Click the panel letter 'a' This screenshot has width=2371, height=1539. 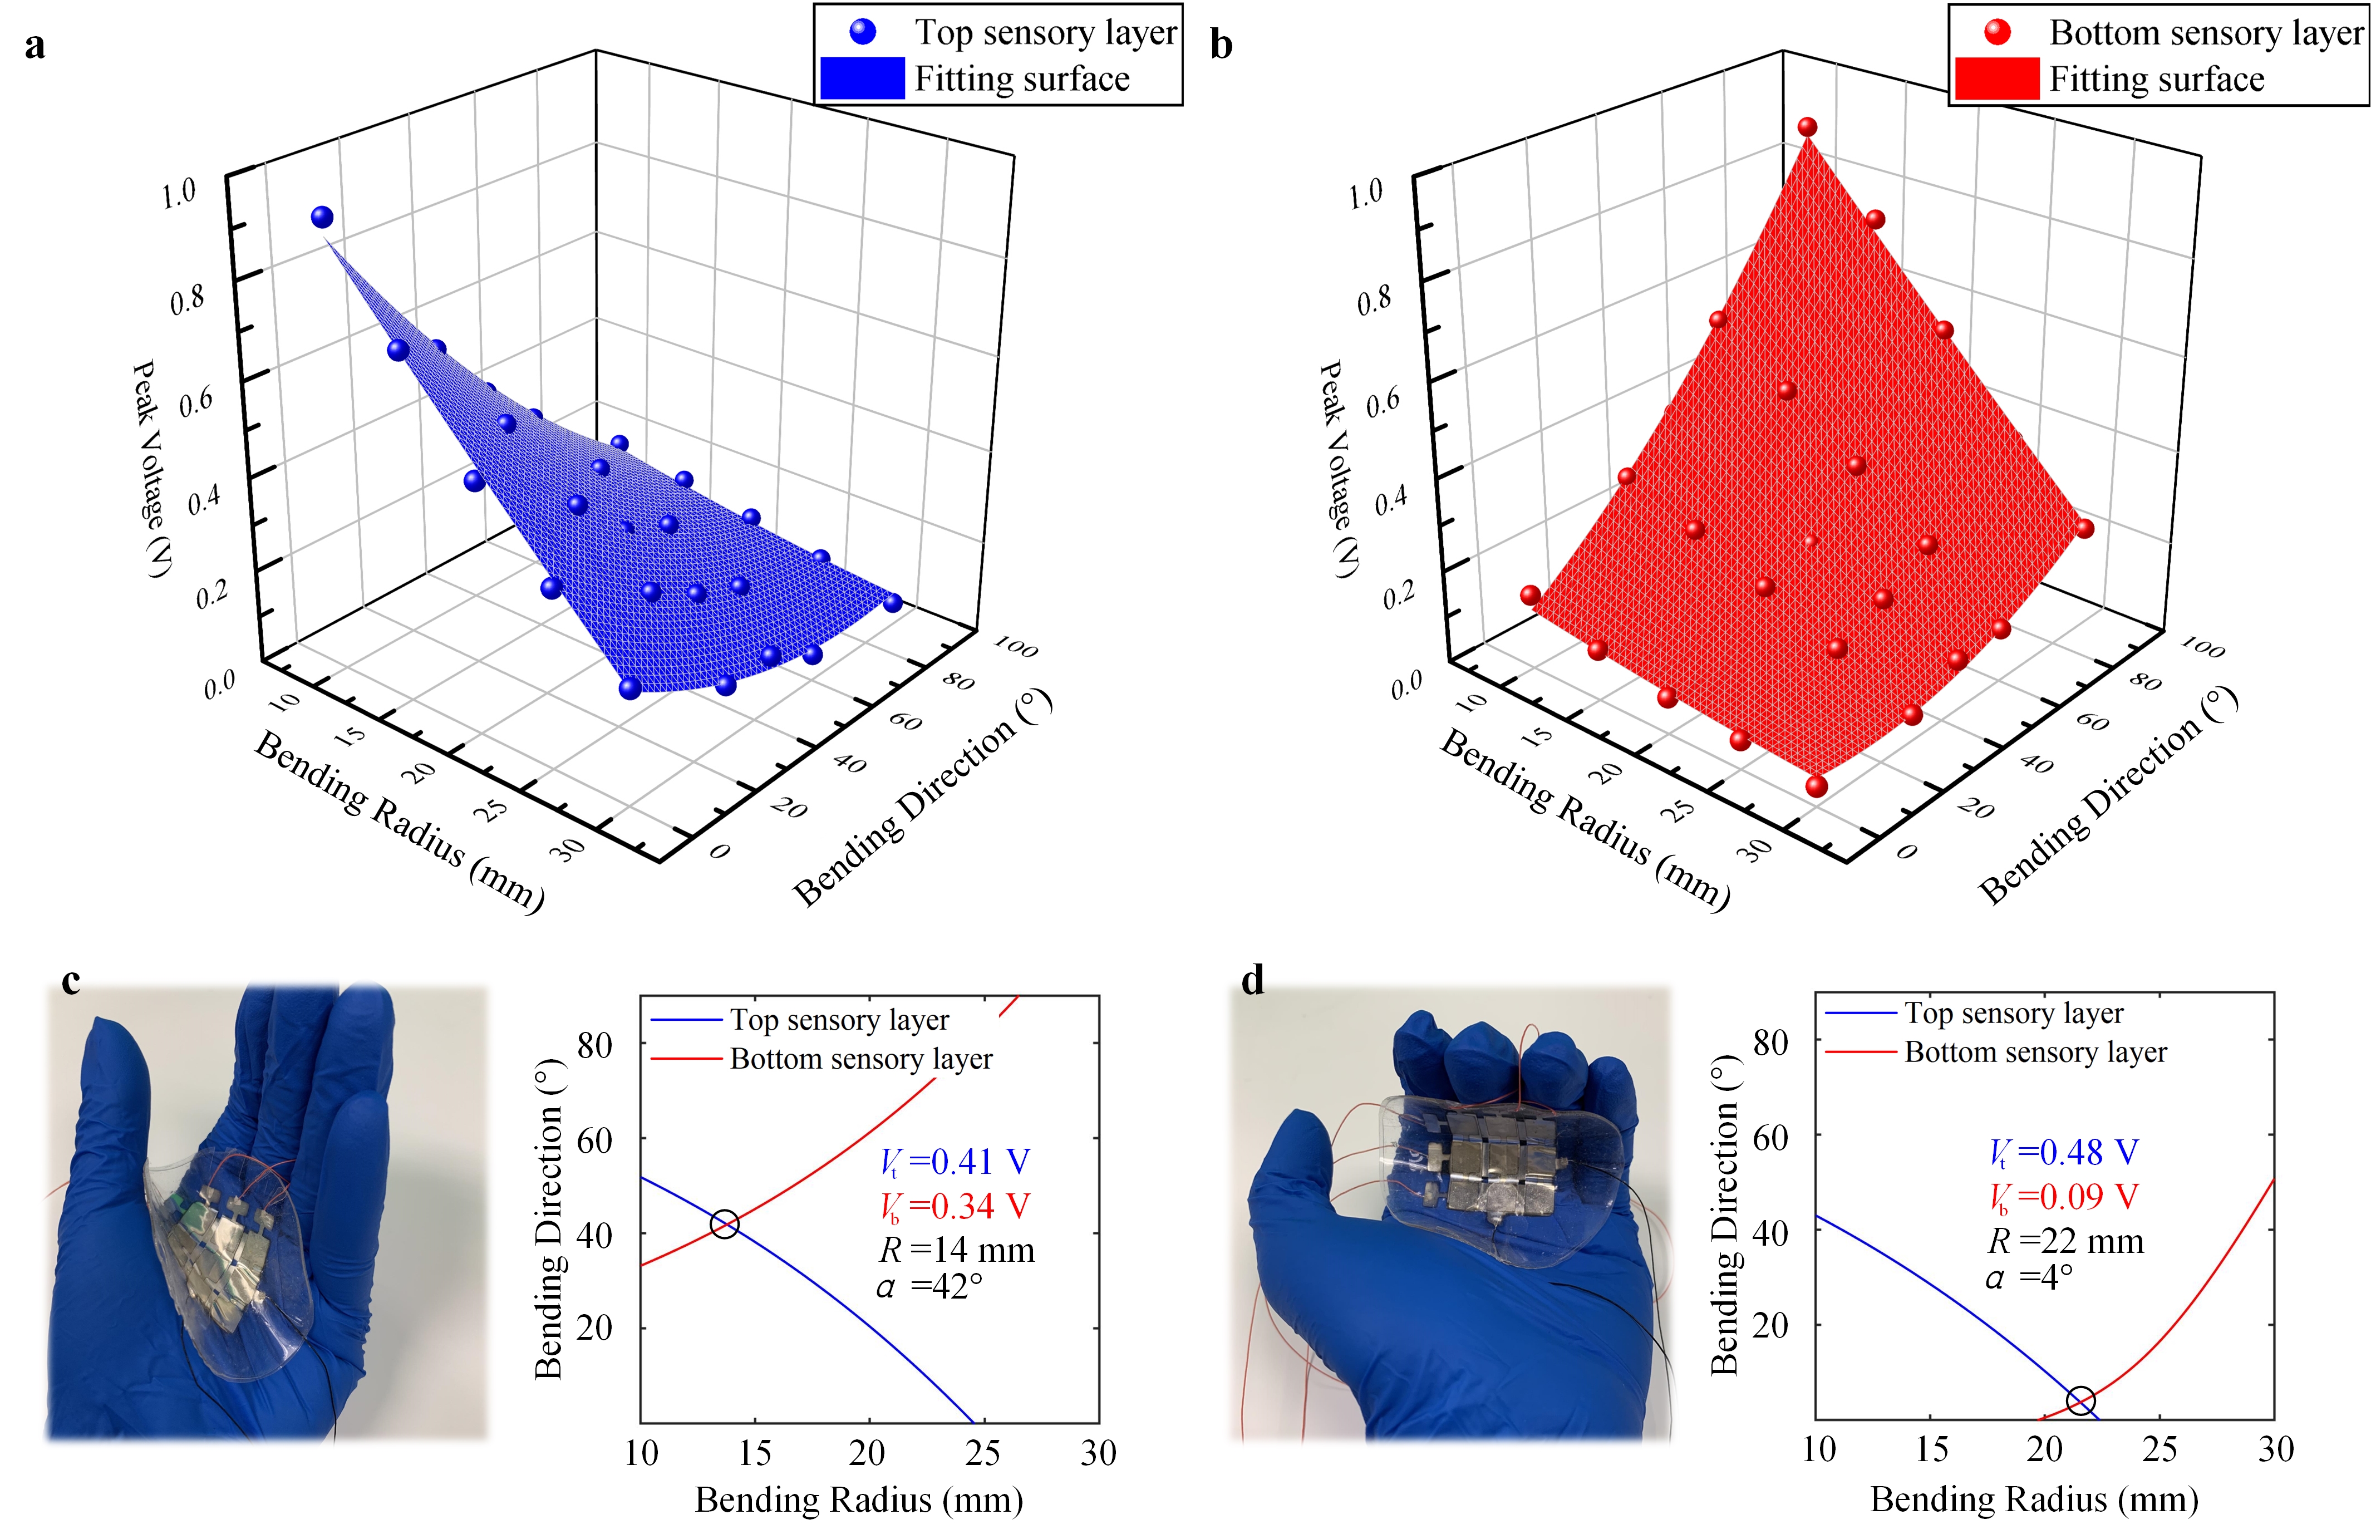[x=35, y=46]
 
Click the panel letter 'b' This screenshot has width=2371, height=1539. [x=1221, y=46]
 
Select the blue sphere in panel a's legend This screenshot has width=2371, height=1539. [x=863, y=32]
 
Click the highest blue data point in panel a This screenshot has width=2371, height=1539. [x=322, y=217]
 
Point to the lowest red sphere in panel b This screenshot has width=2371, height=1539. [x=1816, y=786]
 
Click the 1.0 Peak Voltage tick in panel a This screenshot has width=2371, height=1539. [x=179, y=192]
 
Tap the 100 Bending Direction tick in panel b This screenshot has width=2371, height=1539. [x=2202, y=648]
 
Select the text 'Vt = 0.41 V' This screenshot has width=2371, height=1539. [x=955, y=1162]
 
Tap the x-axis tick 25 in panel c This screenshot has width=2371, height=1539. [x=982, y=1453]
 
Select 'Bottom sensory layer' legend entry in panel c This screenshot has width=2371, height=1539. [x=860, y=1059]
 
